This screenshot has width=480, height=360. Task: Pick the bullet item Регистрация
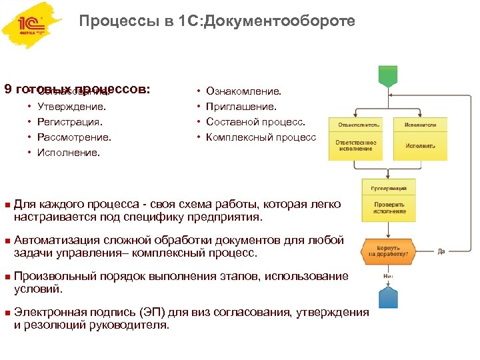pos(70,122)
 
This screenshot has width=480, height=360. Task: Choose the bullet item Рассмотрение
pos(74,137)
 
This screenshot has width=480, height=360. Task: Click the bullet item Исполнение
pos(69,153)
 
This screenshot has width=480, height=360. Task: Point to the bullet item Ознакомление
pos(244,91)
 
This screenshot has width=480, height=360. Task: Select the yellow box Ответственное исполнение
pos(355,145)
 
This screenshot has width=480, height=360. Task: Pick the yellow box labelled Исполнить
pos(420,145)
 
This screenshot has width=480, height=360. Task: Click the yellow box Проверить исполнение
pos(388,207)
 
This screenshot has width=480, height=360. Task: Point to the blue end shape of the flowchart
pos(387,297)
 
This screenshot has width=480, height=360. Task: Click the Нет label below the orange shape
pos(387,275)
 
